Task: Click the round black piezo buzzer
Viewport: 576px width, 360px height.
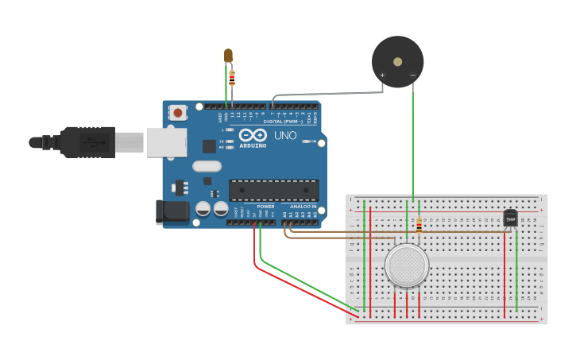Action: (x=397, y=60)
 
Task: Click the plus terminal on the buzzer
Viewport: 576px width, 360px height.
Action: (x=382, y=75)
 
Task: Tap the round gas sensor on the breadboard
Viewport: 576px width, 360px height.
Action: (x=406, y=265)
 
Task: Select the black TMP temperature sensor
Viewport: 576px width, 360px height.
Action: (x=510, y=217)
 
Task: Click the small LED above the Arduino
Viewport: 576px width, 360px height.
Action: (x=228, y=55)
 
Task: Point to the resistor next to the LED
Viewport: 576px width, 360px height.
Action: (x=232, y=78)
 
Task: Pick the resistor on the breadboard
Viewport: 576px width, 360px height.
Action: (x=419, y=226)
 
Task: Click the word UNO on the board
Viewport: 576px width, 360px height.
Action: (x=285, y=135)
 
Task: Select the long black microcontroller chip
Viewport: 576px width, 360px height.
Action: (x=273, y=189)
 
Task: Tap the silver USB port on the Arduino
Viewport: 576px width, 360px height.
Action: (x=165, y=142)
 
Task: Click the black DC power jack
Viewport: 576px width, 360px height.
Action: (x=172, y=211)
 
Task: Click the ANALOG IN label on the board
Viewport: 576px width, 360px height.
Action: (x=303, y=207)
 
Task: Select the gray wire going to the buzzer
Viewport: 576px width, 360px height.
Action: (x=334, y=95)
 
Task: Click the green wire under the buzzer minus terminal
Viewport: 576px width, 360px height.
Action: (x=412, y=143)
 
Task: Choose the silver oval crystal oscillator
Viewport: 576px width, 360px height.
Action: (x=206, y=167)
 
